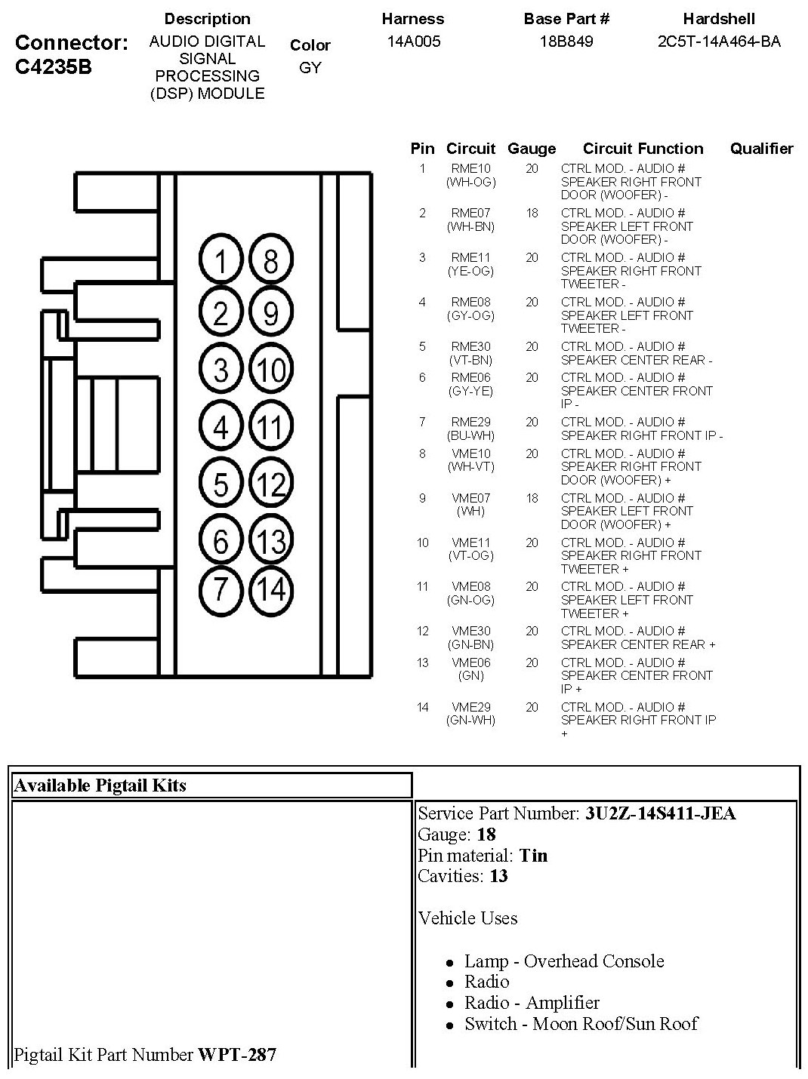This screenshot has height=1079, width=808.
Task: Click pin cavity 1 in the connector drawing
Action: click(221, 261)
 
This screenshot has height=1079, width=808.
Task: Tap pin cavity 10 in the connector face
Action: click(270, 370)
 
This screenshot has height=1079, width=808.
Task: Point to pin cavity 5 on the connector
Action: click(221, 484)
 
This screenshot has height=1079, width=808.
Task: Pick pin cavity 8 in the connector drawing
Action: click(270, 261)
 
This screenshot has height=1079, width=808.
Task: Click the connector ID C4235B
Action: click(54, 66)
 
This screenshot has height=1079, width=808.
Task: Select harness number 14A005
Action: click(413, 41)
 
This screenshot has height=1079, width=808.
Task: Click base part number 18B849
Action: click(566, 41)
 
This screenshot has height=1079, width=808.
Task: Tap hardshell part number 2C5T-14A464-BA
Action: click(719, 41)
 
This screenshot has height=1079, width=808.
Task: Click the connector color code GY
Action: click(310, 68)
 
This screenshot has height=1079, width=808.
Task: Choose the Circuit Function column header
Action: click(643, 149)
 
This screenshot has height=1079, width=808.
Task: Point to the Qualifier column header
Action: click(761, 149)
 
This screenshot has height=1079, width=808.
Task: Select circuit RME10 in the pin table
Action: click(470, 169)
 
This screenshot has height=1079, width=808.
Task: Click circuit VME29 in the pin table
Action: click(470, 707)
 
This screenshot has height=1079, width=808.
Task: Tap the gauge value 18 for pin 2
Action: click(532, 214)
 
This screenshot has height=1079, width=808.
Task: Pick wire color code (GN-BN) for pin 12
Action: click(470, 644)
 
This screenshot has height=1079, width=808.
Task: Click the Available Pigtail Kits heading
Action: click(100, 785)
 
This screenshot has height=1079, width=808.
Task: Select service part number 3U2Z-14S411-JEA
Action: click(660, 813)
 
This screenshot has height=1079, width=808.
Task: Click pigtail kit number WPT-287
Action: click(237, 1054)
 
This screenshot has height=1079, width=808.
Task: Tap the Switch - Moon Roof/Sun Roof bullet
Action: click(581, 1024)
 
